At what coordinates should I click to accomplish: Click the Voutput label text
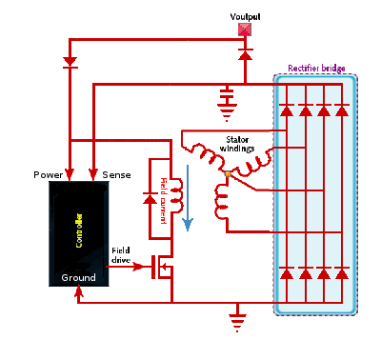[x=244, y=17]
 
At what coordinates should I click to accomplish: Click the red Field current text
[x=164, y=199]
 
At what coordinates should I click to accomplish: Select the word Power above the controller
[x=49, y=176]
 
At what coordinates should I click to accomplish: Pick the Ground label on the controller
[x=78, y=277]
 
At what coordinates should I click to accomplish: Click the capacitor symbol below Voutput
[x=227, y=96]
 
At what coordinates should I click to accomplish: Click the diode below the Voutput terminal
[x=245, y=55]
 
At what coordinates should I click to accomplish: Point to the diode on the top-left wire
[x=69, y=63]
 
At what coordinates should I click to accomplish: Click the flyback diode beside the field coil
[x=149, y=201]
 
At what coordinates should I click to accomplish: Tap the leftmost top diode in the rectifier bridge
[x=288, y=110]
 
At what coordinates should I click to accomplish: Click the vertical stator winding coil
[x=223, y=199]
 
